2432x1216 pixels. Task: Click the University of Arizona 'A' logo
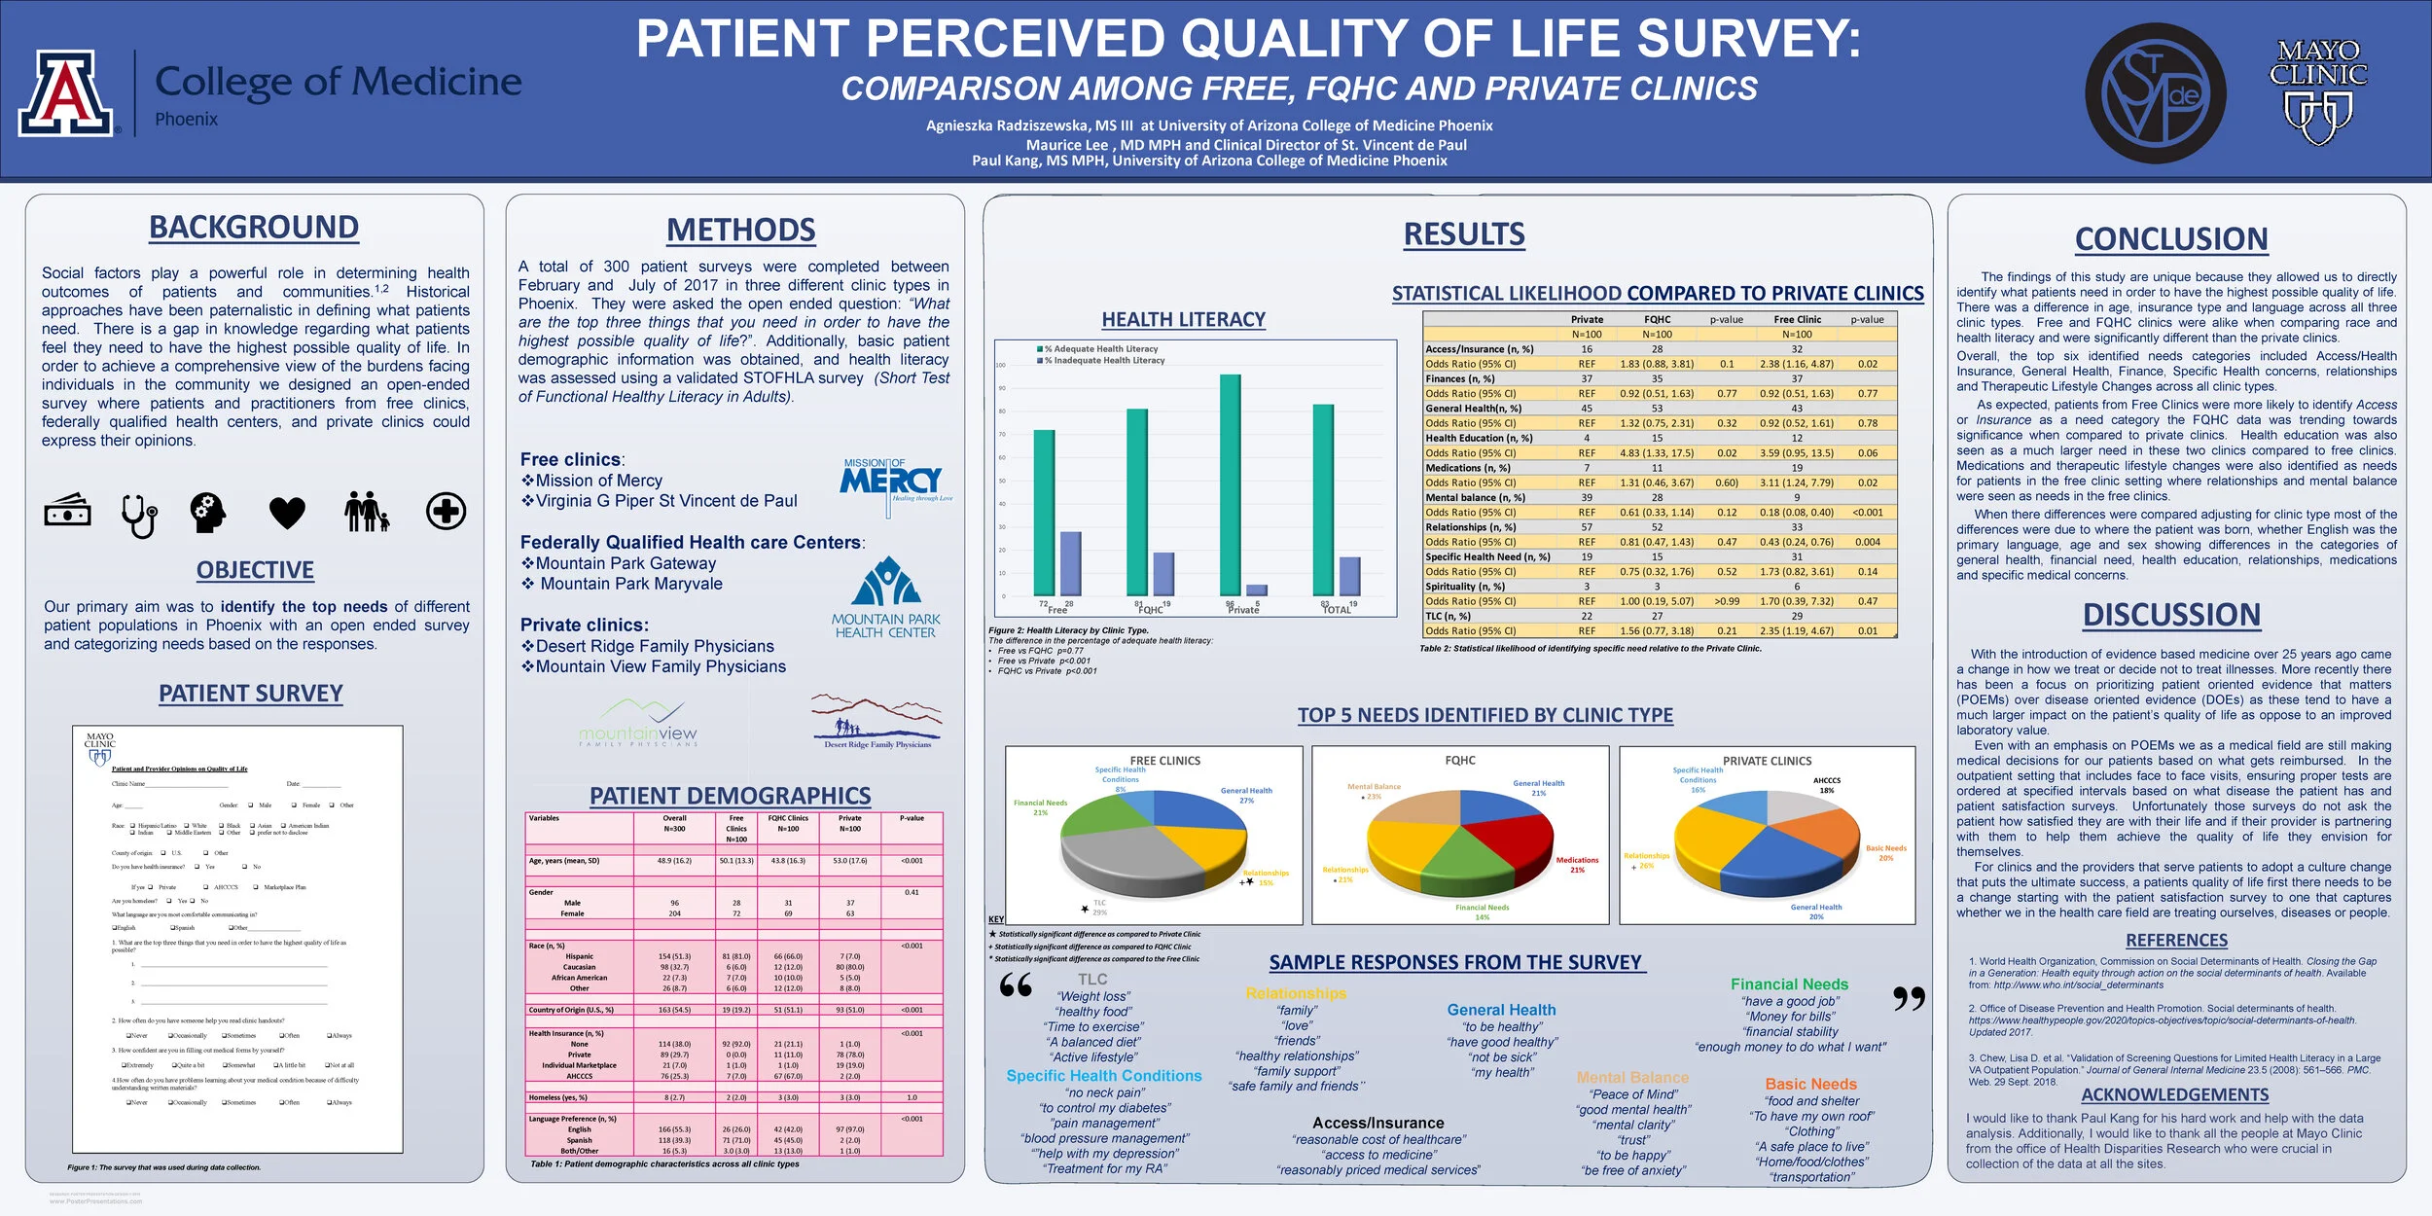65,93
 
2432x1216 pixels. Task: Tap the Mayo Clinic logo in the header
2317,90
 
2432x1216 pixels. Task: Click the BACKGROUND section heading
254,227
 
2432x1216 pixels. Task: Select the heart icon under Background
287,512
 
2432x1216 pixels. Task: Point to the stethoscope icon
139,515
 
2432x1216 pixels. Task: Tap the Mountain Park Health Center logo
885,597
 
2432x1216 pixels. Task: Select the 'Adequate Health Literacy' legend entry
1099,348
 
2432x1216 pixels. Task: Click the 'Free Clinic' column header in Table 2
1797,319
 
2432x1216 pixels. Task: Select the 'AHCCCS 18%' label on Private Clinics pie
1826,785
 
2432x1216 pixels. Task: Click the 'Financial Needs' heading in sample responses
1789,984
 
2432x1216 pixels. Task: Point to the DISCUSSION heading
2171,615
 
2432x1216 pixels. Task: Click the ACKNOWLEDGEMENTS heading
2174,1094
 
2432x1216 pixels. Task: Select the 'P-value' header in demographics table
912,818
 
